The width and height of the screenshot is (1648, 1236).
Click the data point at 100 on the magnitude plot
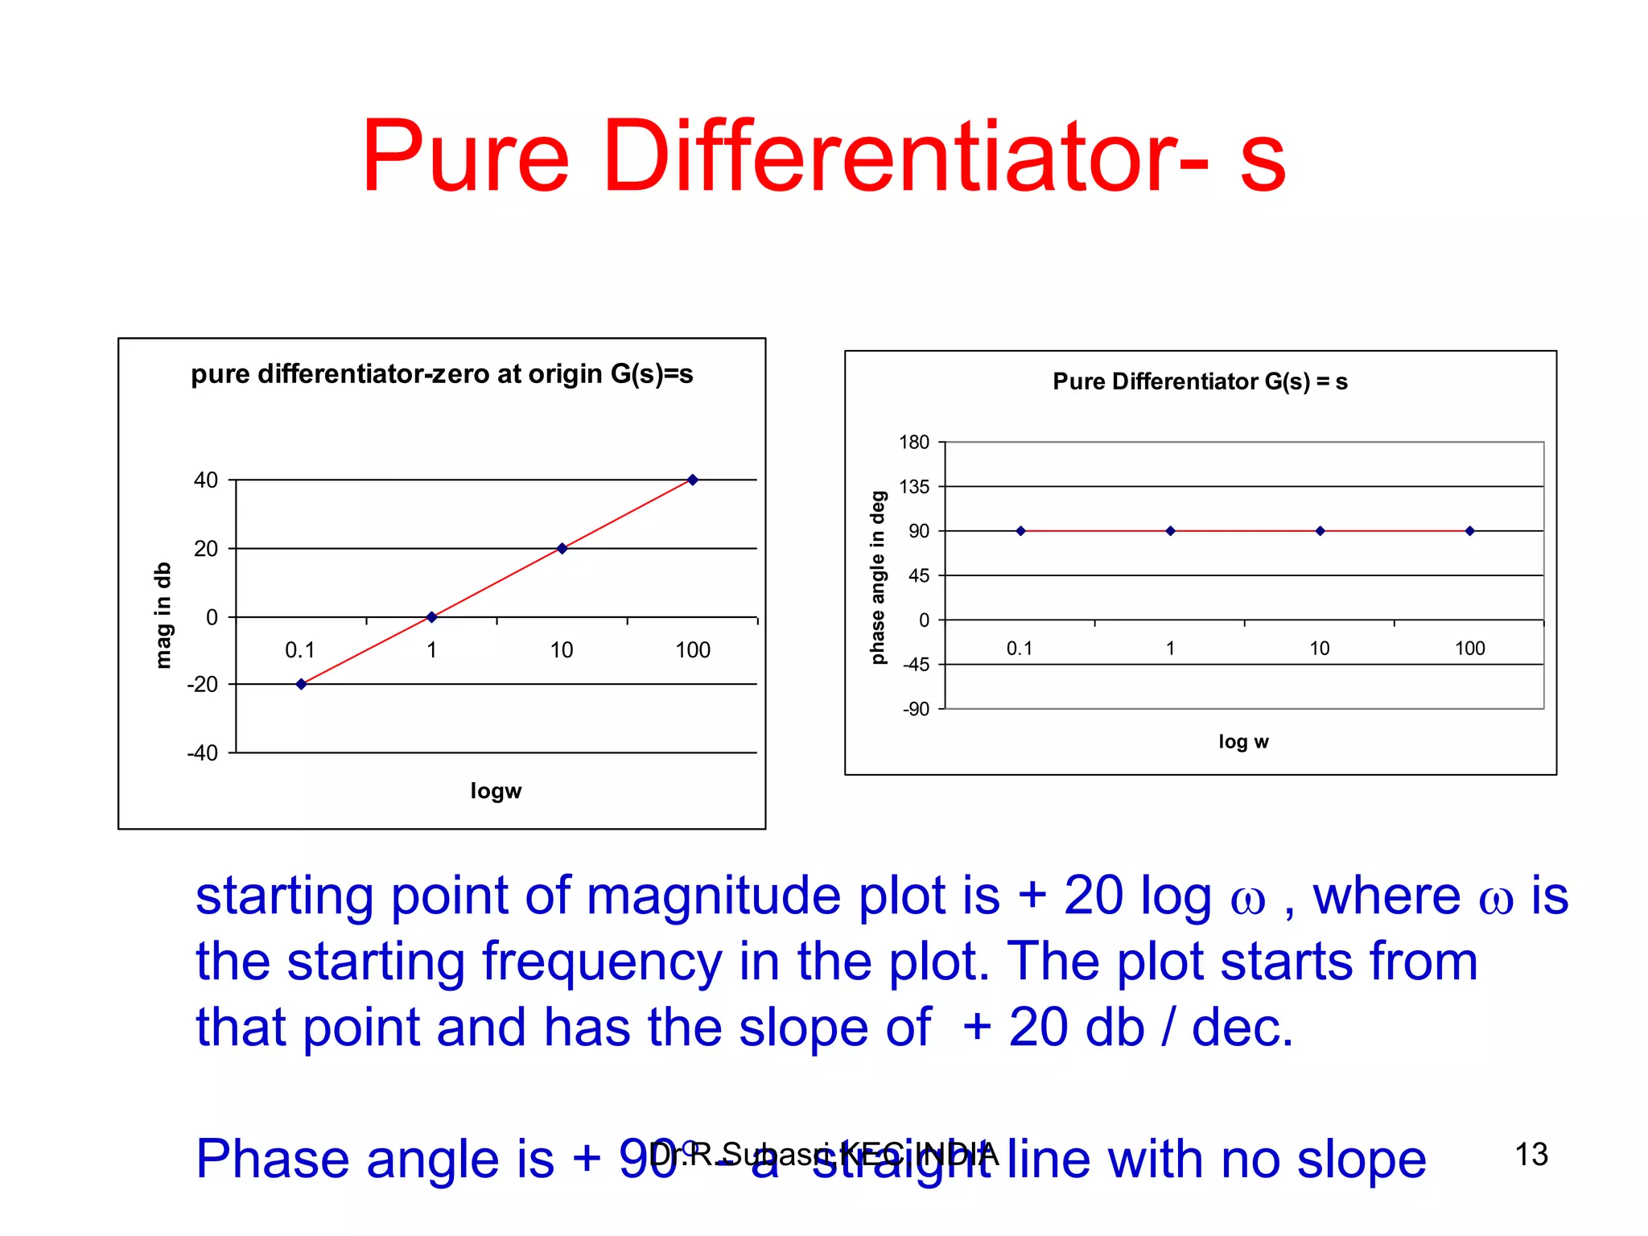click(692, 480)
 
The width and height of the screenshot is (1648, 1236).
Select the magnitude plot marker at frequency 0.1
click(301, 684)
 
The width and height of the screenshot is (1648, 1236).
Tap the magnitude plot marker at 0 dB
click(431, 617)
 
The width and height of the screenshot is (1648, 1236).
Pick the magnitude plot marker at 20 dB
click(562, 549)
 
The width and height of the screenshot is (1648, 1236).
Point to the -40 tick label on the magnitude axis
click(203, 753)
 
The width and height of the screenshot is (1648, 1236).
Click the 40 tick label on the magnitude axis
click(206, 480)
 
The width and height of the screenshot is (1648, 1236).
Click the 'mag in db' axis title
click(163, 616)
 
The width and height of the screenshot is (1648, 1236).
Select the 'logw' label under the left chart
click(496, 791)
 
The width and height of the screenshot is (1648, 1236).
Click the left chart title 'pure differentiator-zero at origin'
click(441, 374)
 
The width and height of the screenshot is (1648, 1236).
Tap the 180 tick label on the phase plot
click(914, 443)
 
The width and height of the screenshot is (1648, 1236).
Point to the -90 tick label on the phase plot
click(916, 709)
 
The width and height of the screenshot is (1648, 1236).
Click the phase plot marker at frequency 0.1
click(1020, 531)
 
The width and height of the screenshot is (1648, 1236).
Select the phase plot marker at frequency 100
click(1469, 531)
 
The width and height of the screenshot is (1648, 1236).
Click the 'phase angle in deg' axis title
click(878, 578)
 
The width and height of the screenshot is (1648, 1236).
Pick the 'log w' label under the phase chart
click(1243, 742)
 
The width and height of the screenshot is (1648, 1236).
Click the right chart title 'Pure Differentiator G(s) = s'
click(1200, 381)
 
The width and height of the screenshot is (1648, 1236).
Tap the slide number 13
click(1531, 1155)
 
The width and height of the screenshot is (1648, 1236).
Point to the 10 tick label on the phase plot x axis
click(1319, 649)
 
